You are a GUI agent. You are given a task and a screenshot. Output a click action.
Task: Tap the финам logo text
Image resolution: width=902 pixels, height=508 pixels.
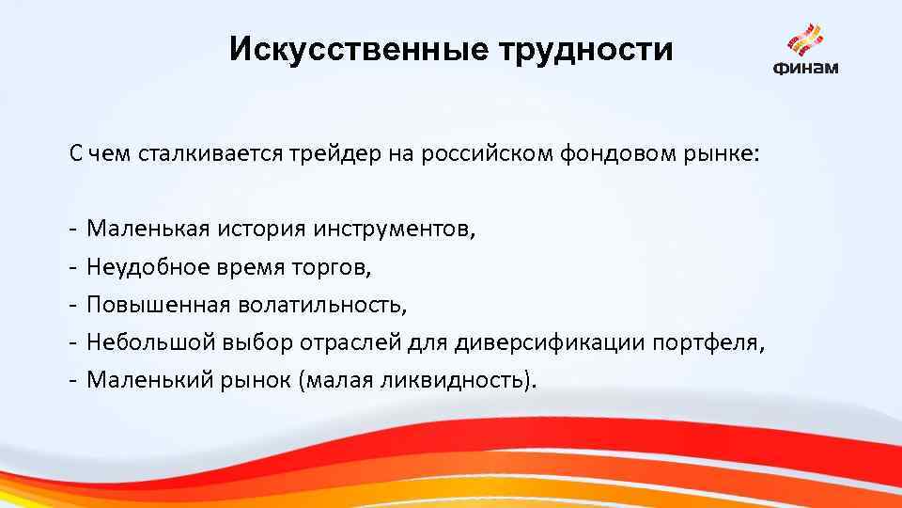pyautogui.click(x=806, y=67)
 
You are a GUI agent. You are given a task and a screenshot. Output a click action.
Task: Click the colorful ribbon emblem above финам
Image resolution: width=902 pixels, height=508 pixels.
pyautogui.click(x=805, y=40)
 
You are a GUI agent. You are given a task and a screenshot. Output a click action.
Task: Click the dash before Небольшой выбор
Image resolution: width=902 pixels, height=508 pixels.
pyautogui.click(x=72, y=341)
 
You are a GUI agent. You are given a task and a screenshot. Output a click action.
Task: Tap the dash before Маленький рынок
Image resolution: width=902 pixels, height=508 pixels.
pyautogui.click(x=72, y=379)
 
